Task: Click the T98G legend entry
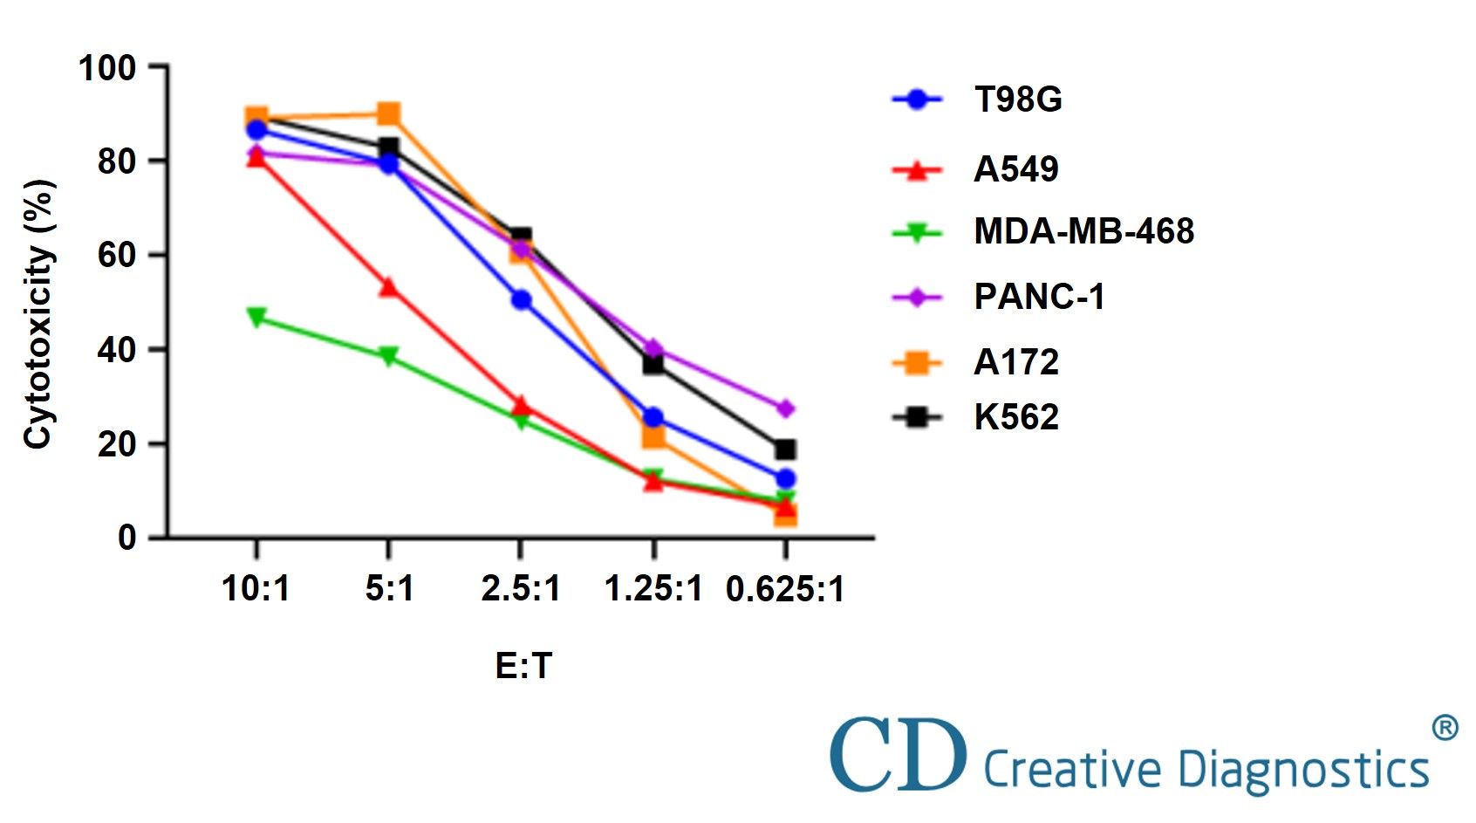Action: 1017,99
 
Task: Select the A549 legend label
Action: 1015,169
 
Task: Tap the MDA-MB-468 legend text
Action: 1083,231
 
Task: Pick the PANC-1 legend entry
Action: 1039,297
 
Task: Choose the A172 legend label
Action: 1015,362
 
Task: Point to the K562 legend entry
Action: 1015,417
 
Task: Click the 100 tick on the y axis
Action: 107,67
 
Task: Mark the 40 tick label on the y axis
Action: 118,350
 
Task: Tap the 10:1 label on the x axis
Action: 256,588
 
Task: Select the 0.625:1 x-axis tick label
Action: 785,589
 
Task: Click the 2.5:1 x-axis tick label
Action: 521,588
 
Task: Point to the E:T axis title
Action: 523,666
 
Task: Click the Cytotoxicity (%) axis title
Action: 38,314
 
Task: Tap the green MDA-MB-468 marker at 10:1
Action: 256,317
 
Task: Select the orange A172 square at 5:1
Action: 389,113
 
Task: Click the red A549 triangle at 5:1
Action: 388,287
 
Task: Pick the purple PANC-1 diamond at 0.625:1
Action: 785,408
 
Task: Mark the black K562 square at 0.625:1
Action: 785,449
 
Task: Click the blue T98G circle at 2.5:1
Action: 521,300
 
